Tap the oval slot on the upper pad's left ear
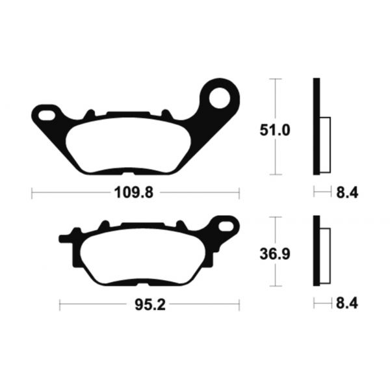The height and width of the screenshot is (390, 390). coord(47,116)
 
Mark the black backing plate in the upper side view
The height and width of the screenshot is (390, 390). coord(317,127)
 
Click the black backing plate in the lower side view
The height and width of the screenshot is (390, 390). coord(317,251)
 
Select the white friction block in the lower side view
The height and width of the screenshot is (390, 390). coord(326,255)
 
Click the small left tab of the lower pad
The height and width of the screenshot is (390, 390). coord(63,239)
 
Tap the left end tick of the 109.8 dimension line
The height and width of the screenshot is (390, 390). coord(32,192)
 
